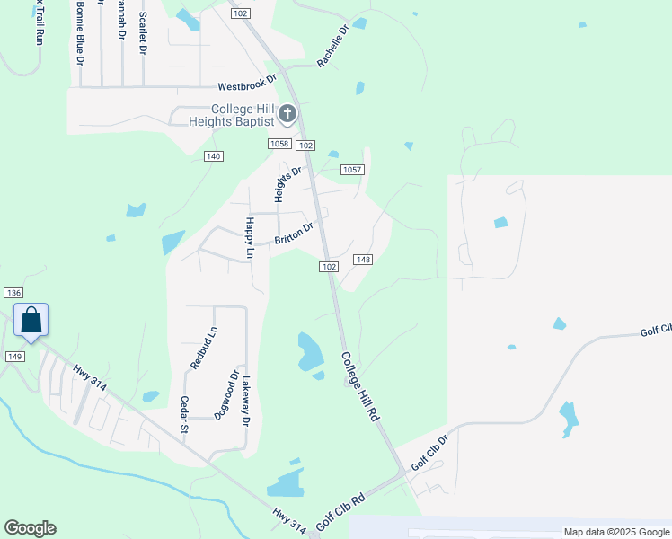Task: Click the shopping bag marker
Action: pyautogui.click(x=31, y=321)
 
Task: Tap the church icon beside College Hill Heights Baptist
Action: pyautogui.click(x=287, y=113)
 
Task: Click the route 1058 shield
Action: pyautogui.click(x=279, y=144)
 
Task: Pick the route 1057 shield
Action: pyautogui.click(x=352, y=170)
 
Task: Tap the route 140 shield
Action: pyautogui.click(x=213, y=156)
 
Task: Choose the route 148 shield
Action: pyautogui.click(x=363, y=260)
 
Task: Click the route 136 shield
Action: pyautogui.click(x=13, y=293)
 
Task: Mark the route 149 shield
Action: pyautogui.click(x=13, y=357)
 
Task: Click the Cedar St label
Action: pyautogui.click(x=183, y=414)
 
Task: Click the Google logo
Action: pyautogui.click(x=30, y=528)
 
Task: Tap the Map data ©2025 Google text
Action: pyautogui.click(x=616, y=532)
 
